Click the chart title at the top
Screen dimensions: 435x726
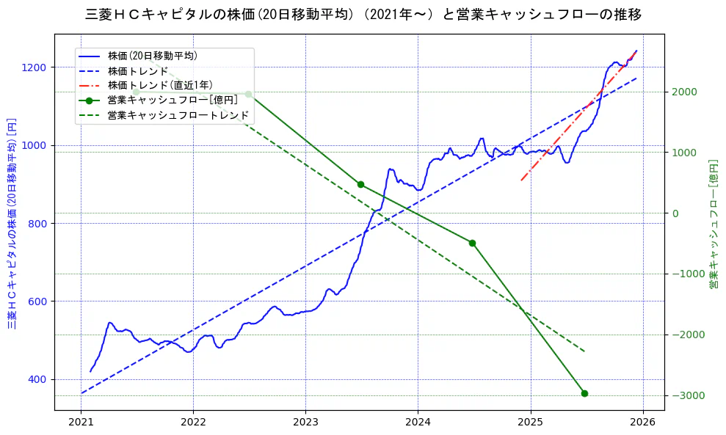coord(363,14)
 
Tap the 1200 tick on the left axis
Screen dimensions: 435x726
coord(35,67)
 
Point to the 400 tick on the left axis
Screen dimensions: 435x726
coord(37,379)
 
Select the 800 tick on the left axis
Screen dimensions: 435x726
coord(37,223)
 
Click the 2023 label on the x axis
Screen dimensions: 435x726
coord(305,422)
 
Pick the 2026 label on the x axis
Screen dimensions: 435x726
coord(643,422)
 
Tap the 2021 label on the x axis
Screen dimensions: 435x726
coord(81,422)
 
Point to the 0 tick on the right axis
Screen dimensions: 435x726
coord(675,213)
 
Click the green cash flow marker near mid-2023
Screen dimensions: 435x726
coord(360,184)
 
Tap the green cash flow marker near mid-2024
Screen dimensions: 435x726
coord(472,243)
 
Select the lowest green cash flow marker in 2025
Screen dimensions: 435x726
coord(584,393)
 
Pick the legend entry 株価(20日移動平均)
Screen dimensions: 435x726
coord(152,56)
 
